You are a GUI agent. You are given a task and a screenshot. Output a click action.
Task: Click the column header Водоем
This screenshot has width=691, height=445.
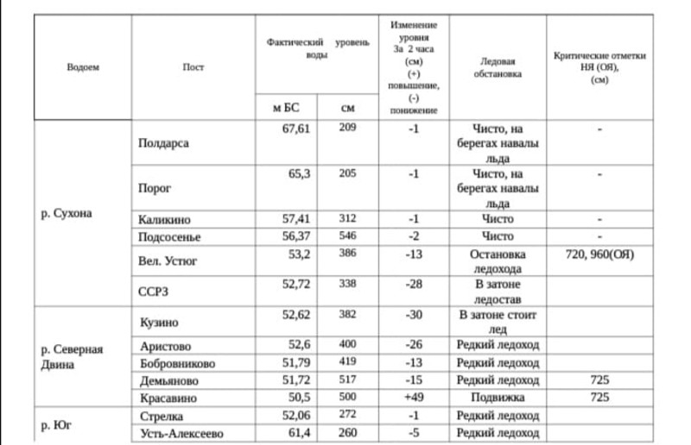(83, 67)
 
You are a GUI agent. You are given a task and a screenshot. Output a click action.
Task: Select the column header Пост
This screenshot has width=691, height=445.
(193, 67)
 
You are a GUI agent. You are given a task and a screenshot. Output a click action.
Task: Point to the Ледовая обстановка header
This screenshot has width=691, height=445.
(498, 67)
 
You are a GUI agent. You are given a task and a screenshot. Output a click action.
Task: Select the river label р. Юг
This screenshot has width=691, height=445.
(56, 424)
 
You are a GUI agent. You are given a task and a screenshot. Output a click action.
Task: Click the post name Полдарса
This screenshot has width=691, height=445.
(163, 143)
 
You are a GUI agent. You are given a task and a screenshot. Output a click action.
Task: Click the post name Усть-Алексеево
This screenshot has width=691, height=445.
(181, 433)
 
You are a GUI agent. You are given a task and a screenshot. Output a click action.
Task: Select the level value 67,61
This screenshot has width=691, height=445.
(296, 128)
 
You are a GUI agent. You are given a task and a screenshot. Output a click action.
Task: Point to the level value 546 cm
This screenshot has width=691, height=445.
(347, 235)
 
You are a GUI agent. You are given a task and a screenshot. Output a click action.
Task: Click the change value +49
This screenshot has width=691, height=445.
(413, 398)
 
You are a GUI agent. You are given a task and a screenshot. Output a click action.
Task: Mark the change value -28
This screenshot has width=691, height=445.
(413, 283)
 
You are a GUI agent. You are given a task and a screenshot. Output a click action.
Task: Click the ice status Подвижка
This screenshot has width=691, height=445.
(498, 398)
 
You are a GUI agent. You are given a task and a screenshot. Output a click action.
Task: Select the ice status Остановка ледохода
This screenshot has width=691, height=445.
(498, 261)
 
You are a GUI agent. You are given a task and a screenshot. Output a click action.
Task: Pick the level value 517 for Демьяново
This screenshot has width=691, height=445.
(347, 380)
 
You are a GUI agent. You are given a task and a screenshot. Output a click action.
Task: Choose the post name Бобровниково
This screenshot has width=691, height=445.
(177, 364)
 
